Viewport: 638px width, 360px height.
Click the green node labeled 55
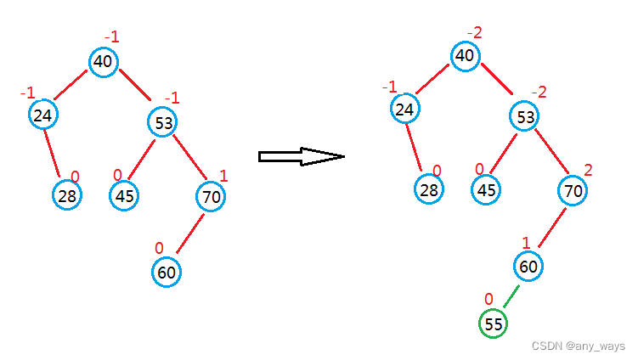click(492, 323)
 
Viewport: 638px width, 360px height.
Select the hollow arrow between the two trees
click(301, 156)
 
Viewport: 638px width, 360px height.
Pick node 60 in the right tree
click(528, 266)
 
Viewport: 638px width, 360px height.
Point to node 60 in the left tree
click(167, 273)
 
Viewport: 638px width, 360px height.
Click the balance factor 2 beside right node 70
click(588, 170)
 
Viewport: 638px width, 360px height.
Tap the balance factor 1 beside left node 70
click(223, 176)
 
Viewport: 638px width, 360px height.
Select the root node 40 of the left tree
click(104, 60)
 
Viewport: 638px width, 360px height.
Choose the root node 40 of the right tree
click(465, 56)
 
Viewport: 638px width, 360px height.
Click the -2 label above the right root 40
click(474, 33)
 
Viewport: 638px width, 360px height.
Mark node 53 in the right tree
click(526, 116)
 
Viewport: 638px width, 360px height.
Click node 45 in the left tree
click(124, 196)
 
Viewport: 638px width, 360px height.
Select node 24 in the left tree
click(42, 115)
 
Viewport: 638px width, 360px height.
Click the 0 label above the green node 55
click(488, 299)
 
